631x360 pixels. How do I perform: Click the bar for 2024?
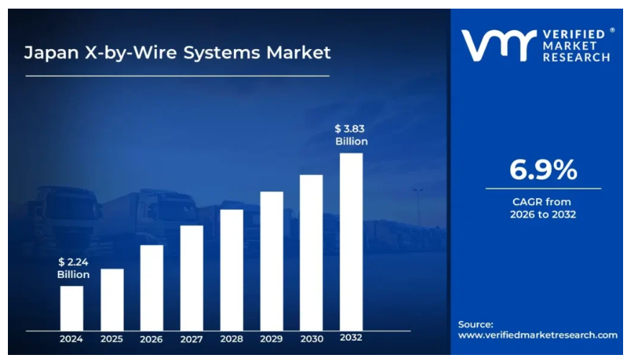[72, 308]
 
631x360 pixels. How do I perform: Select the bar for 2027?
[191, 278]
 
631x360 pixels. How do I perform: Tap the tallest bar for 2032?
[351, 242]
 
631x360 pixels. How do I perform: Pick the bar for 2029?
[272, 261]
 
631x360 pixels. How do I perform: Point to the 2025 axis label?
[112, 339]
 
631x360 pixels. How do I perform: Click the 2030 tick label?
[312, 339]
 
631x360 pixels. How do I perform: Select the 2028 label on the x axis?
[232, 339]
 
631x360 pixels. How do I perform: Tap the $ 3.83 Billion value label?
[351, 135]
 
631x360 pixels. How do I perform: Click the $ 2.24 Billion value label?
[73, 268]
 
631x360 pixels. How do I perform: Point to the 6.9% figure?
[543, 169]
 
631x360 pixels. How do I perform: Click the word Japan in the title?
[51, 53]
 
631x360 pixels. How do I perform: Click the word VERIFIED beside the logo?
[574, 35]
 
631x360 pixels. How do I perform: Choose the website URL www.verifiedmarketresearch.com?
[537, 335]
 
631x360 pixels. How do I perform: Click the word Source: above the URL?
[476, 324]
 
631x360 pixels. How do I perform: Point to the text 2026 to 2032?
[543, 215]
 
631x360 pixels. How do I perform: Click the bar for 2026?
[152, 288]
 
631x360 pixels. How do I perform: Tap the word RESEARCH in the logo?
[576, 58]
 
